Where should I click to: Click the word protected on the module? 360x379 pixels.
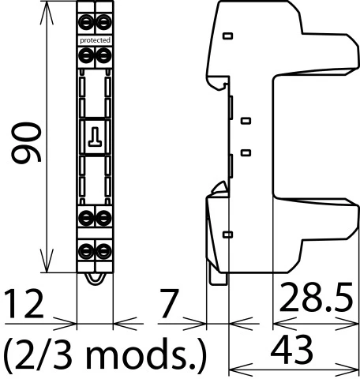tap(95, 39)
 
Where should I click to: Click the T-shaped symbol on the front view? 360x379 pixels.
tap(95, 137)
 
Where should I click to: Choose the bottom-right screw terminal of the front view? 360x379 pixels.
tap(103, 251)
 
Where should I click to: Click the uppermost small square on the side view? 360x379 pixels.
tap(228, 36)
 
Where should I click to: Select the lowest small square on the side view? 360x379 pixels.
tap(228, 235)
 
